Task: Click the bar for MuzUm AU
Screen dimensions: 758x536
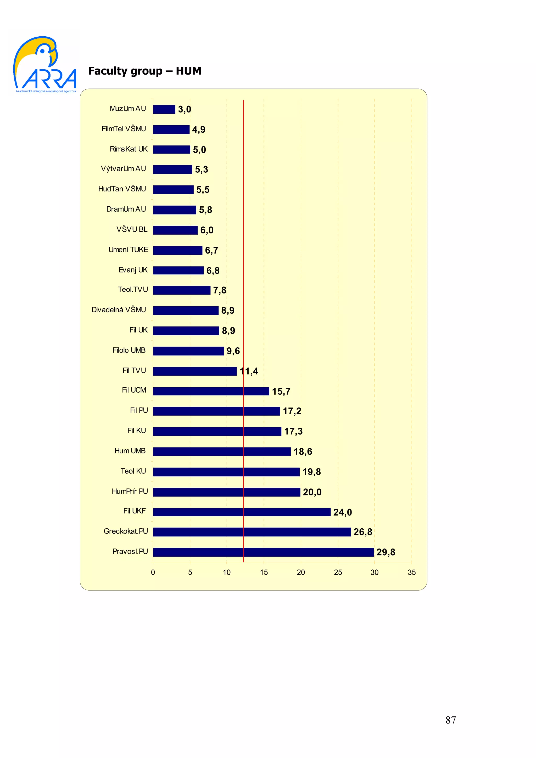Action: (164, 109)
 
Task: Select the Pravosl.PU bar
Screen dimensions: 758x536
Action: (263, 552)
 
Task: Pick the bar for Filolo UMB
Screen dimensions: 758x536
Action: (188, 351)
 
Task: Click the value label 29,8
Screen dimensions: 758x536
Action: (386, 552)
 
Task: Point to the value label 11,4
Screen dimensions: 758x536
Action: (249, 371)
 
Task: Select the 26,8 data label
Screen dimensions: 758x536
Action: (363, 532)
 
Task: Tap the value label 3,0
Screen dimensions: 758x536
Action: (184, 109)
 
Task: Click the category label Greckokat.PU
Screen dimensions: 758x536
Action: (126, 531)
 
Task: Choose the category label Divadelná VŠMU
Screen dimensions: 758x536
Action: (119, 310)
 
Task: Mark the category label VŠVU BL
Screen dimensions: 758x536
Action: (132, 229)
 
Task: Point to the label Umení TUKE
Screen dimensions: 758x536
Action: (128, 250)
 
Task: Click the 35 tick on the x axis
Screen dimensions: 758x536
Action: (411, 573)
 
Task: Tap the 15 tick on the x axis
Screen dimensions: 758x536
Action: (264, 573)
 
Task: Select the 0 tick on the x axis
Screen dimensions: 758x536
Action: (153, 573)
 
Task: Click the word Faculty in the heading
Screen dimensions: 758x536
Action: (108, 71)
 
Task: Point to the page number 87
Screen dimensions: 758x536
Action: (450, 720)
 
